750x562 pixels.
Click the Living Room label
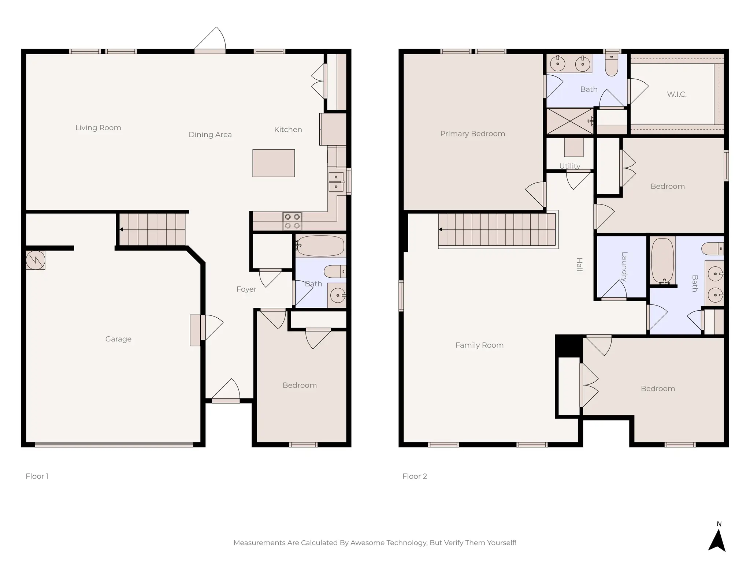click(x=98, y=128)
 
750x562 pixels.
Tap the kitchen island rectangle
click(x=273, y=163)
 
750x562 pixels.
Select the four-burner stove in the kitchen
click(x=292, y=221)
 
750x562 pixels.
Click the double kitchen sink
click(x=336, y=182)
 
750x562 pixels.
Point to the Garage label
click(x=118, y=339)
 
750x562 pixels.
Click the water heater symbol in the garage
click(x=36, y=260)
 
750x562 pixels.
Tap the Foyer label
click(x=246, y=289)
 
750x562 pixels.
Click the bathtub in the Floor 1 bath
click(x=320, y=246)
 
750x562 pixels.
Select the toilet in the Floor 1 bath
click(x=335, y=271)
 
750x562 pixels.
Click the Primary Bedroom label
click(x=472, y=134)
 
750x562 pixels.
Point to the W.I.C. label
click(x=676, y=94)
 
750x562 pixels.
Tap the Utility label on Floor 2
click(x=569, y=166)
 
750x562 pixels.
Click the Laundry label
click(x=624, y=267)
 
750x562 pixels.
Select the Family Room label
click(x=479, y=345)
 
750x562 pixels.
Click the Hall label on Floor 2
click(x=579, y=265)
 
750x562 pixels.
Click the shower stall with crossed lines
click(x=569, y=121)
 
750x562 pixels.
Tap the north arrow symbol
click(x=717, y=540)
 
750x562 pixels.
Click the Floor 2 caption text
click(x=415, y=476)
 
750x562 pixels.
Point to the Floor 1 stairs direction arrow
click(x=121, y=229)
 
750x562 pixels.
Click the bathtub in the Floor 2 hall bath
click(x=662, y=261)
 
